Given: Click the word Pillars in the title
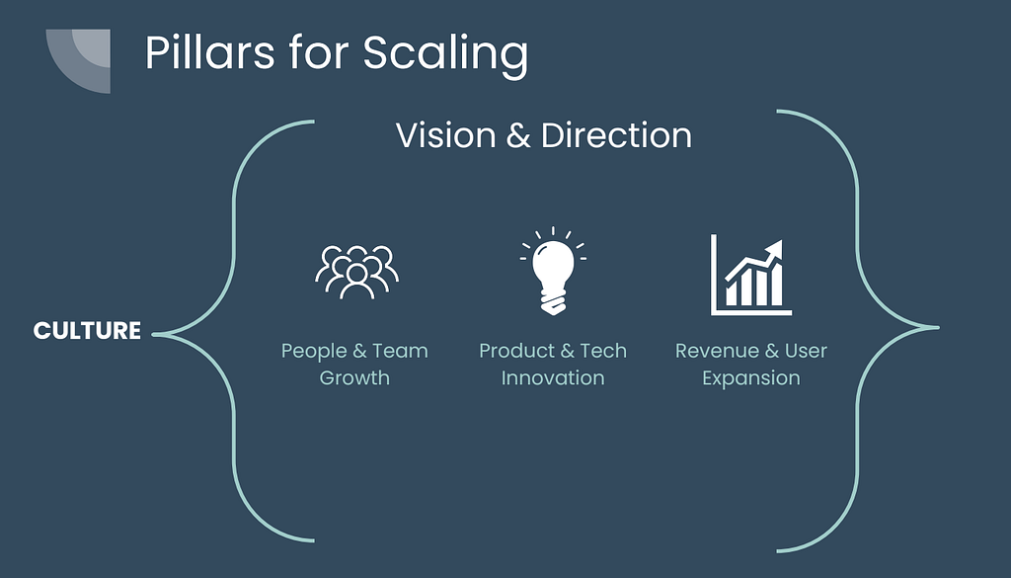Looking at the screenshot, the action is click(209, 52).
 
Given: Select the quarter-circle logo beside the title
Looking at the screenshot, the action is click(78, 61).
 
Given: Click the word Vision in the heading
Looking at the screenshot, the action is click(445, 135).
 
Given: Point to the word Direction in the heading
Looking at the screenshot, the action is click(616, 135).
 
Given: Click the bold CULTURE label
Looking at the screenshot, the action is click(87, 331).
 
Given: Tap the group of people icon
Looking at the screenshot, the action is click(356, 272).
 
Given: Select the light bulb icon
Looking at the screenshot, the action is click(553, 271).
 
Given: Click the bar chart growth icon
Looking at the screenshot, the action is click(751, 275).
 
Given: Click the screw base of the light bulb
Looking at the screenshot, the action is click(553, 302).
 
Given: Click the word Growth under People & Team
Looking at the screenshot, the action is click(354, 378).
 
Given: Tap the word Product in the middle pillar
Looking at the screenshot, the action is click(517, 351).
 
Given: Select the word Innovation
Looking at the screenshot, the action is click(553, 378).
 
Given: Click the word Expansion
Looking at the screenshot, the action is click(751, 378).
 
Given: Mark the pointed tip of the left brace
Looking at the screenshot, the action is click(154, 334).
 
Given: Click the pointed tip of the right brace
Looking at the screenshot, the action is click(938, 328).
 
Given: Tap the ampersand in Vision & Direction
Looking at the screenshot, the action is click(518, 136).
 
